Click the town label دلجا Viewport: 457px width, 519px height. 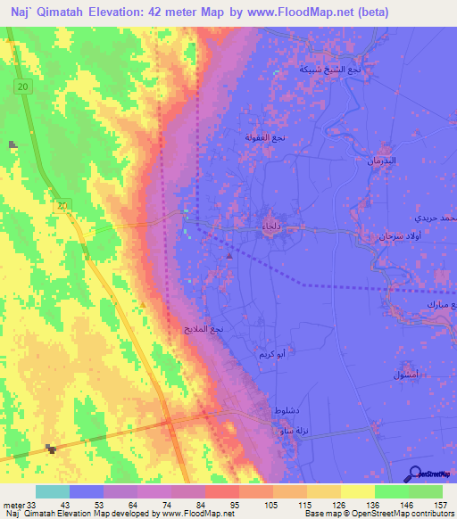[x=270, y=228]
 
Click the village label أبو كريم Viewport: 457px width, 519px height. [x=271, y=353]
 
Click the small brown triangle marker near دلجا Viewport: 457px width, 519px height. [x=230, y=257]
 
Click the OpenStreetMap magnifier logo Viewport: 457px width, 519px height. [x=414, y=473]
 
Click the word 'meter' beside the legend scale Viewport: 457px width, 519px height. [x=12, y=504]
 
